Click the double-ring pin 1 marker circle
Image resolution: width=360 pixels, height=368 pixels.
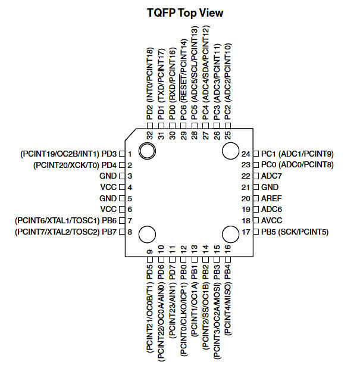(147, 149)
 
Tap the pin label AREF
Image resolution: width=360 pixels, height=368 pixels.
(271, 198)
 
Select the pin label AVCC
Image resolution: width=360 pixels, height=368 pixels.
(271, 220)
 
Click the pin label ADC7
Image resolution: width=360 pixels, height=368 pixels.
(271, 176)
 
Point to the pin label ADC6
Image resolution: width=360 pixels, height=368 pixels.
(271, 210)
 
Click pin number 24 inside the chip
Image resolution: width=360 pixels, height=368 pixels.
(246, 154)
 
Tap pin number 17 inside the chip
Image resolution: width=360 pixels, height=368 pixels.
(246, 232)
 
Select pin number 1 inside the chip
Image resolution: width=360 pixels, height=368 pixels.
(129, 154)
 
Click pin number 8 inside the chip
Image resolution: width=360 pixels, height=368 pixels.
(129, 232)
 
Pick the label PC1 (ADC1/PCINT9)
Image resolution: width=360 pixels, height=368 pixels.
(297, 154)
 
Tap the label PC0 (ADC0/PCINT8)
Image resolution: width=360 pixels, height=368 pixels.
(297, 165)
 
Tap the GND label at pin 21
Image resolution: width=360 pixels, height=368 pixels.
(270, 187)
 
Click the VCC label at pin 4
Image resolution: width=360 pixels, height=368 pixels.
(108, 187)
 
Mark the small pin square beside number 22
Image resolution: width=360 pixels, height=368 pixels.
(256, 176)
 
